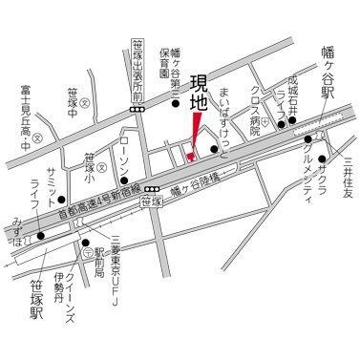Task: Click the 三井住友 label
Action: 349,180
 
